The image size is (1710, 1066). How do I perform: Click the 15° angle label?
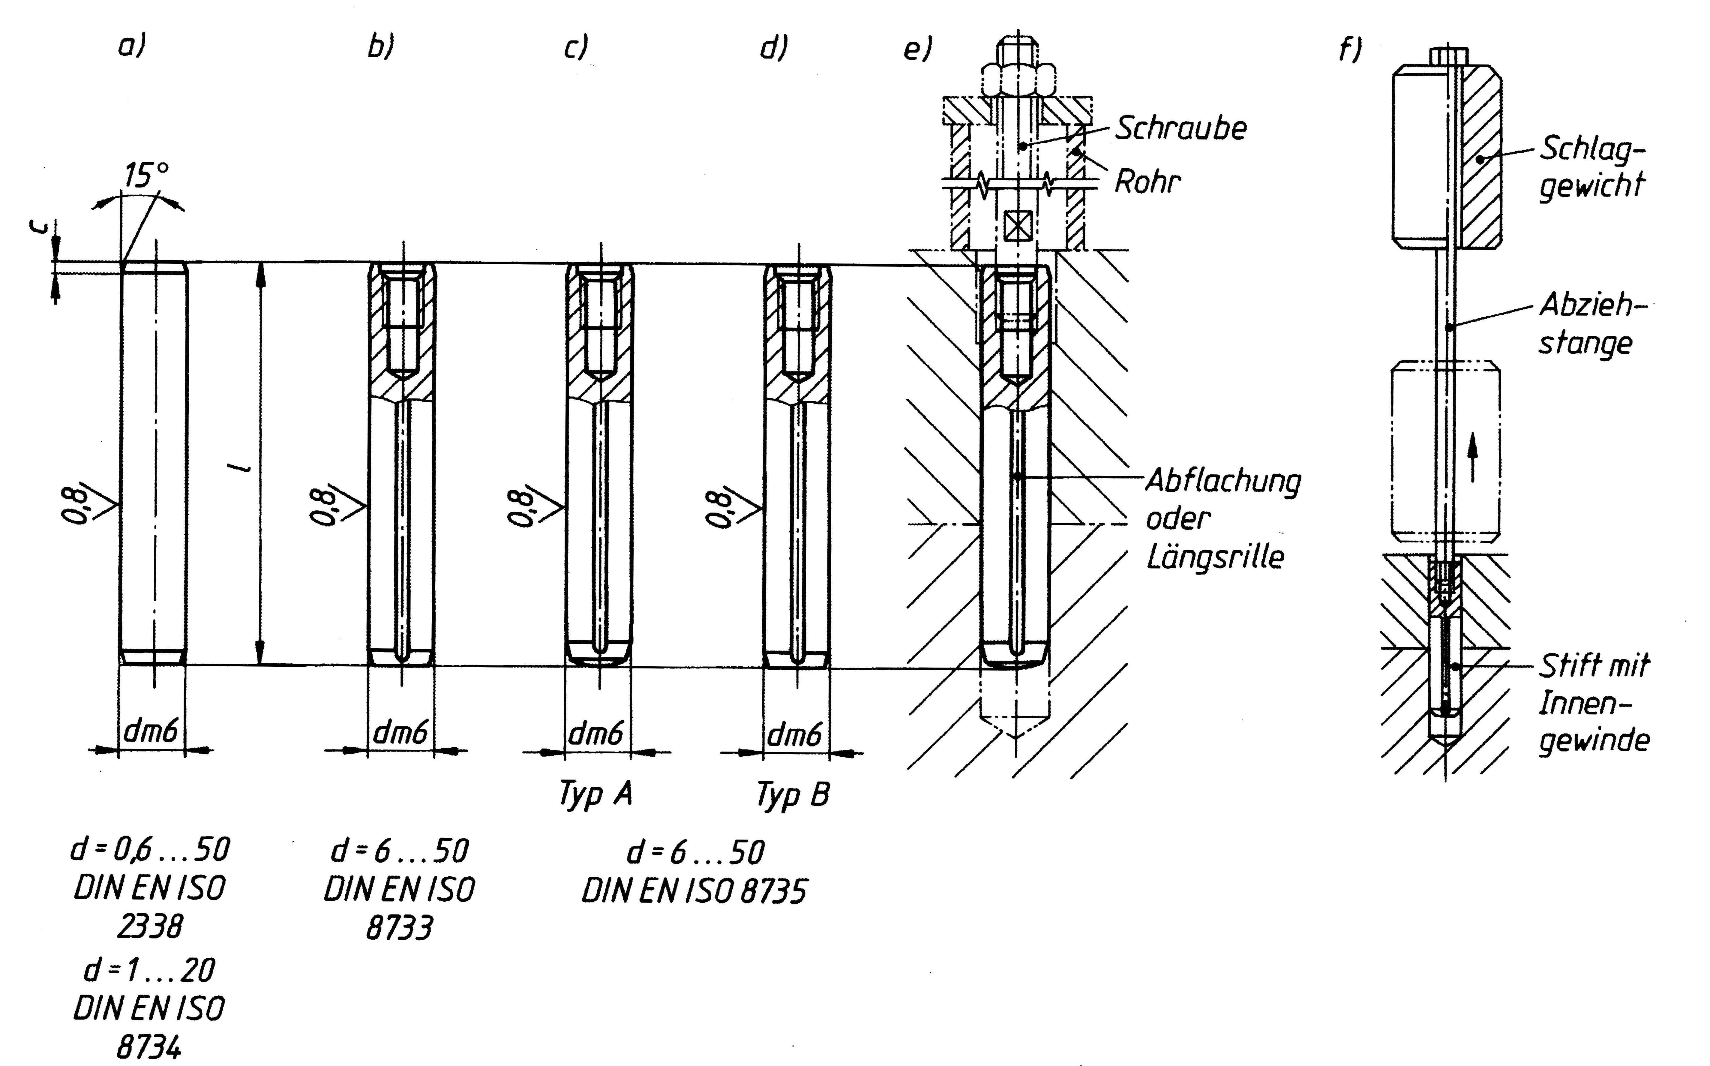[x=146, y=176]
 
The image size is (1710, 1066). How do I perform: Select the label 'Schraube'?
[x=1180, y=128]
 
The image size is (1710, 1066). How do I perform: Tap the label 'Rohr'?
[x=1147, y=182]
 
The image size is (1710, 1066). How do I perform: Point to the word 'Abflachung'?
[x=1223, y=482]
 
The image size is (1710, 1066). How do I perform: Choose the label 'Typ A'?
[x=595, y=794]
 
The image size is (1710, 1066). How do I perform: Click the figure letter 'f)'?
[x=1350, y=49]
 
